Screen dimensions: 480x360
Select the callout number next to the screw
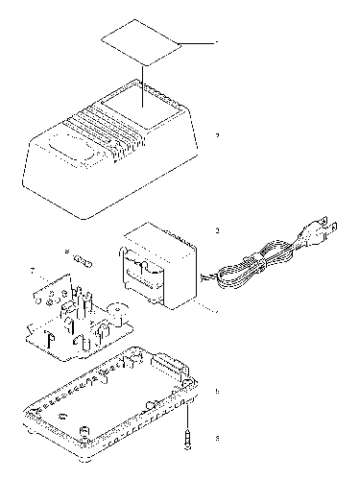point(218,438)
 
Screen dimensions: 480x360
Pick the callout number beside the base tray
point(218,391)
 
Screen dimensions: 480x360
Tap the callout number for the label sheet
point(218,43)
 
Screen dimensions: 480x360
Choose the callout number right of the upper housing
point(218,135)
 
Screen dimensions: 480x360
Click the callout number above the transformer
point(218,231)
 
